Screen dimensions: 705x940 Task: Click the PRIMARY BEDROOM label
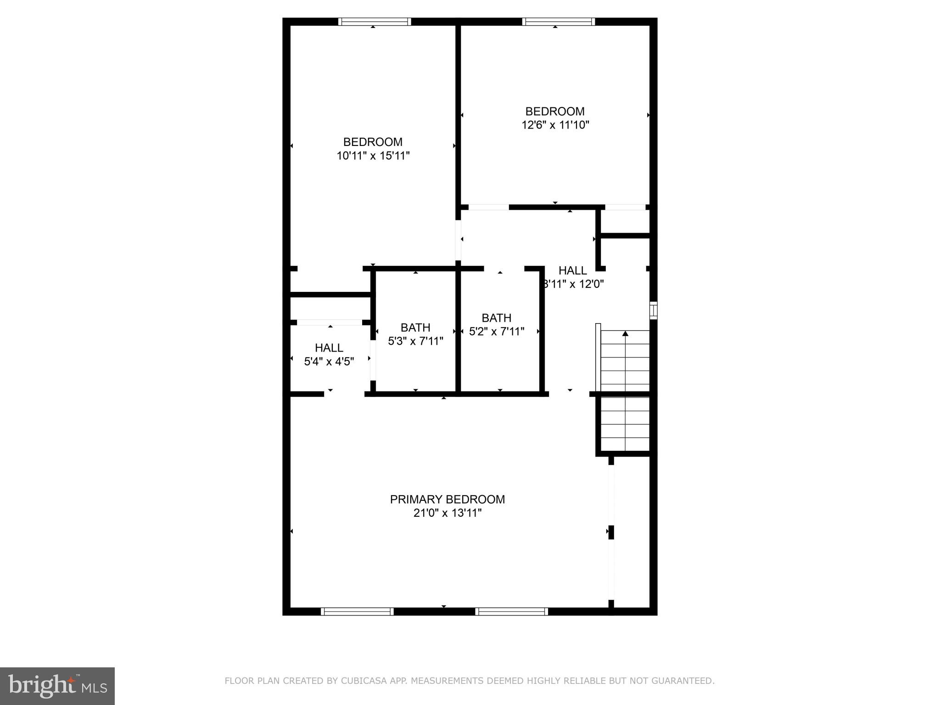click(x=447, y=499)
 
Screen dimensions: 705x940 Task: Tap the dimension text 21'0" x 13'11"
click(x=447, y=513)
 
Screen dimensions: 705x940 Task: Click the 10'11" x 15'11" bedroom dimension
click(x=373, y=156)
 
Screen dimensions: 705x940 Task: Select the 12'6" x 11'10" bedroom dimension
click(x=555, y=125)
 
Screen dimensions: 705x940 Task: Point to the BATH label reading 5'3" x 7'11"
click(x=415, y=327)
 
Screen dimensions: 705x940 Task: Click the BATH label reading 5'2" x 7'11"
click(x=496, y=318)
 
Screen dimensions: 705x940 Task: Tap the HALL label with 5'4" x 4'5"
click(x=329, y=348)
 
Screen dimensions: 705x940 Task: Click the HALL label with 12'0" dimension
click(x=572, y=270)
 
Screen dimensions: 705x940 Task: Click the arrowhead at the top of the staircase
click(x=625, y=334)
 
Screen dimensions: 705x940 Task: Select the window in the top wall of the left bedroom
click(x=375, y=22)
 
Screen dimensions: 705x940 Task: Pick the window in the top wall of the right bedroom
click(x=558, y=22)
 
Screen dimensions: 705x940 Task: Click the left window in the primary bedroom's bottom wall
click(x=357, y=611)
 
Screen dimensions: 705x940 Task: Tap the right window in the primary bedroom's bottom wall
click(x=511, y=611)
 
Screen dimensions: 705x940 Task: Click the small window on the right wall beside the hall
click(x=653, y=310)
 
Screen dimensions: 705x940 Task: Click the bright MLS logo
click(x=57, y=686)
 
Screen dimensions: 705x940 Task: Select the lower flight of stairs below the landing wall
click(x=625, y=424)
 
